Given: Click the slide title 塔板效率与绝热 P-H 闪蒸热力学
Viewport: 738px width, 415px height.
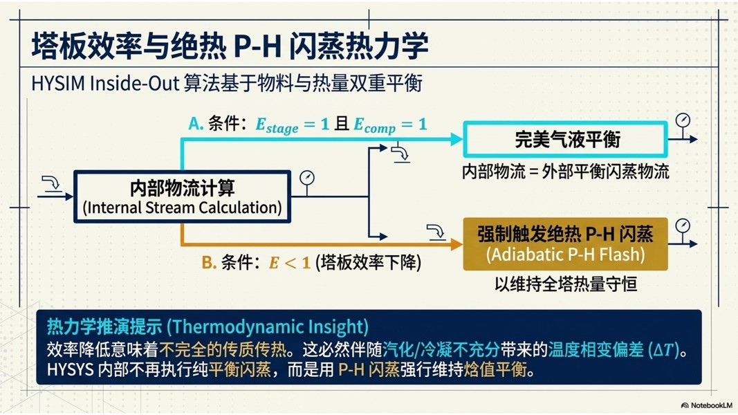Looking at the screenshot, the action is [230, 46].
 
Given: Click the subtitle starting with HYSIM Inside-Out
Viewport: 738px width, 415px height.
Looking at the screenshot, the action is [227, 83].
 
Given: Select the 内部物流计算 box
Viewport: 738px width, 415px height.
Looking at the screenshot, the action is [182, 196].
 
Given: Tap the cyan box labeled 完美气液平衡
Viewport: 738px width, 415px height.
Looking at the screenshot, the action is [565, 139].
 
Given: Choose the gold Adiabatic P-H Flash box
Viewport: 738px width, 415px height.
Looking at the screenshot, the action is [565, 243].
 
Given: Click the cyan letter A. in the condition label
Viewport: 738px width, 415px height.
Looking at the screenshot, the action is [196, 124].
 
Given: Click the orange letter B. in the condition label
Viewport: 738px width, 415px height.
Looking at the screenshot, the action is [209, 262].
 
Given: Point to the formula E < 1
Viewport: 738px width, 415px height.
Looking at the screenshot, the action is [289, 263].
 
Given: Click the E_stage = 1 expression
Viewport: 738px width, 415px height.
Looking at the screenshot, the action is [292, 125].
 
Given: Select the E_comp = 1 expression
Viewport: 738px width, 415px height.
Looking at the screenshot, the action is [390, 125].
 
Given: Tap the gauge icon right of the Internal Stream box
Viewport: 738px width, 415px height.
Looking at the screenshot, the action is [307, 182].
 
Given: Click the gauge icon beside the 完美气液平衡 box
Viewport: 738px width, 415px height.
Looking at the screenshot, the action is [683, 124].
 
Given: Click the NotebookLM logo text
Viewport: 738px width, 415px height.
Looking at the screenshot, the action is [707, 405].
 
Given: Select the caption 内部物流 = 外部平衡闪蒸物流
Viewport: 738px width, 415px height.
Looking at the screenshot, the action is [565, 172].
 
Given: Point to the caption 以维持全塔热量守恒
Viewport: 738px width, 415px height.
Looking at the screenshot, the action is [565, 284].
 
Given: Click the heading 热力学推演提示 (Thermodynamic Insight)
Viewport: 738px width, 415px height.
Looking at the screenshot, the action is [207, 326].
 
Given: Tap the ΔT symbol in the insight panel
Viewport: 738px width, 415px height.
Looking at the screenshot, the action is [663, 349].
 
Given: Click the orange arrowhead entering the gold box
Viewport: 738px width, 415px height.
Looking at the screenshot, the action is [456, 243].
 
